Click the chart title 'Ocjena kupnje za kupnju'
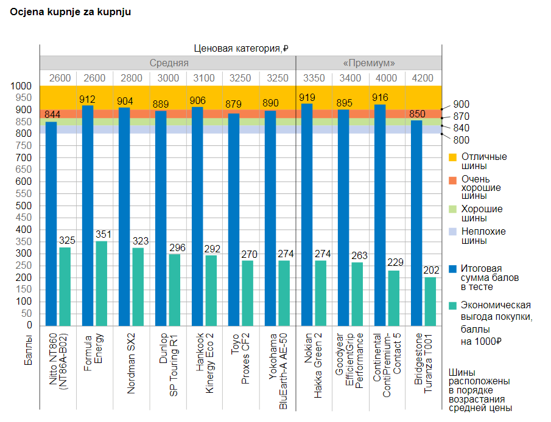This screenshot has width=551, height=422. pos(71,12)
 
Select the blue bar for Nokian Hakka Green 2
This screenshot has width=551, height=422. pos(307,213)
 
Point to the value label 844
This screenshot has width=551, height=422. pos(53,114)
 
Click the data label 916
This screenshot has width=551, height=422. pos(381,97)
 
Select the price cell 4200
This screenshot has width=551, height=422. pos(423,78)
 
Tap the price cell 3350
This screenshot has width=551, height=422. pos(314,78)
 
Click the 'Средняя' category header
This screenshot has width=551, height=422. pos(169,63)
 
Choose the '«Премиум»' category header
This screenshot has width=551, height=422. pos(369,63)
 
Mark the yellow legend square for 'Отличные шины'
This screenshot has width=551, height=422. pos(452,157)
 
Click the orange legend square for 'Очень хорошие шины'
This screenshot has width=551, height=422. pos(452,180)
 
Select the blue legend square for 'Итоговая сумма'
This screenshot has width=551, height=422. pos(452,268)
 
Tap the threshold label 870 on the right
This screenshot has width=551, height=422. pos(461,116)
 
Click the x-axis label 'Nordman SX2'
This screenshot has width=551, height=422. pos(132,364)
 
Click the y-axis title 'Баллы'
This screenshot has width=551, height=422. pos(29,353)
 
